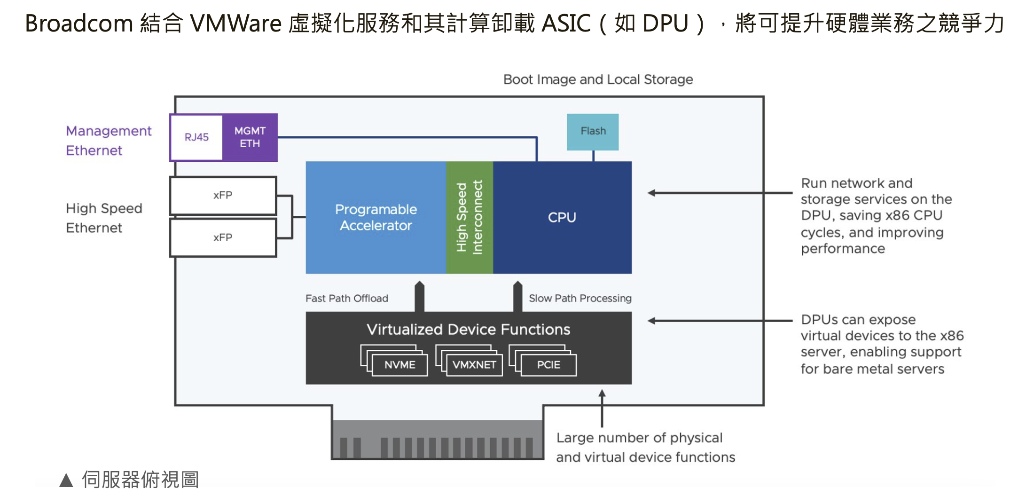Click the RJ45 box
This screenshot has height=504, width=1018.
tap(196, 137)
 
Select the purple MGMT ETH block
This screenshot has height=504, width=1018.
tap(250, 137)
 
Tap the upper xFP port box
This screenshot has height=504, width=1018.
tap(223, 195)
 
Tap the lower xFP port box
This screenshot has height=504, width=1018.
tap(223, 237)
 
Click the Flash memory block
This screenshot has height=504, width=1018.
tap(593, 132)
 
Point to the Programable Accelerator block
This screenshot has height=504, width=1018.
tap(376, 217)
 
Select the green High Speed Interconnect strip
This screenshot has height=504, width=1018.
tap(469, 217)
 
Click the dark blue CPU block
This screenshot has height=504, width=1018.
tap(562, 217)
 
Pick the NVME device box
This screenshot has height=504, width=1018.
tap(399, 365)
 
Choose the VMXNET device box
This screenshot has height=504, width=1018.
tap(474, 365)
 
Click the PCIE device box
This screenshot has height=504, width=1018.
tap(548, 365)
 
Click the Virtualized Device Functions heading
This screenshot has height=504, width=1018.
tap(468, 329)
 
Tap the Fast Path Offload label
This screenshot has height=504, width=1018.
tap(347, 299)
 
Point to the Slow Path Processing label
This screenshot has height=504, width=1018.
tap(580, 299)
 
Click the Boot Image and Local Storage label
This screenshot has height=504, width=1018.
tap(598, 79)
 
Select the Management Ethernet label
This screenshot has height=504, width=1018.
tap(109, 140)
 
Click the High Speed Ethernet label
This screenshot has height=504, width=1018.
tap(104, 218)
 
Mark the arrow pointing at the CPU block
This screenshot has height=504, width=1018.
tap(719, 193)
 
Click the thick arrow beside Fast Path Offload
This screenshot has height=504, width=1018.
tap(419, 297)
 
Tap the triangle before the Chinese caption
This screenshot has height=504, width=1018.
tap(66, 480)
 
